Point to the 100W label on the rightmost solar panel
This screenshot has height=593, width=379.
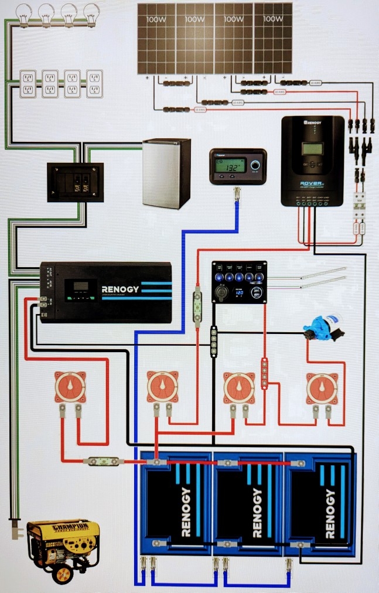point(272,19)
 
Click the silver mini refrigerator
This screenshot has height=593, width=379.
point(167,173)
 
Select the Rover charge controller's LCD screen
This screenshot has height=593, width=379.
point(312,149)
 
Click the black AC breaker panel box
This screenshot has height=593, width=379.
point(75,182)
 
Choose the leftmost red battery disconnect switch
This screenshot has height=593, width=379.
point(70,387)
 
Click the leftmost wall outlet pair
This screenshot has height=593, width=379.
point(28,83)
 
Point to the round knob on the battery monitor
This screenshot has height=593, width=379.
point(255,166)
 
